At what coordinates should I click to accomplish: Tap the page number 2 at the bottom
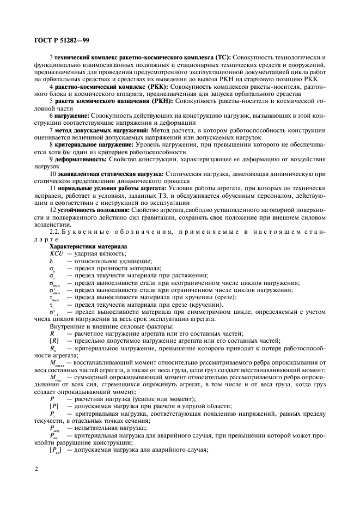(36, 468)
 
